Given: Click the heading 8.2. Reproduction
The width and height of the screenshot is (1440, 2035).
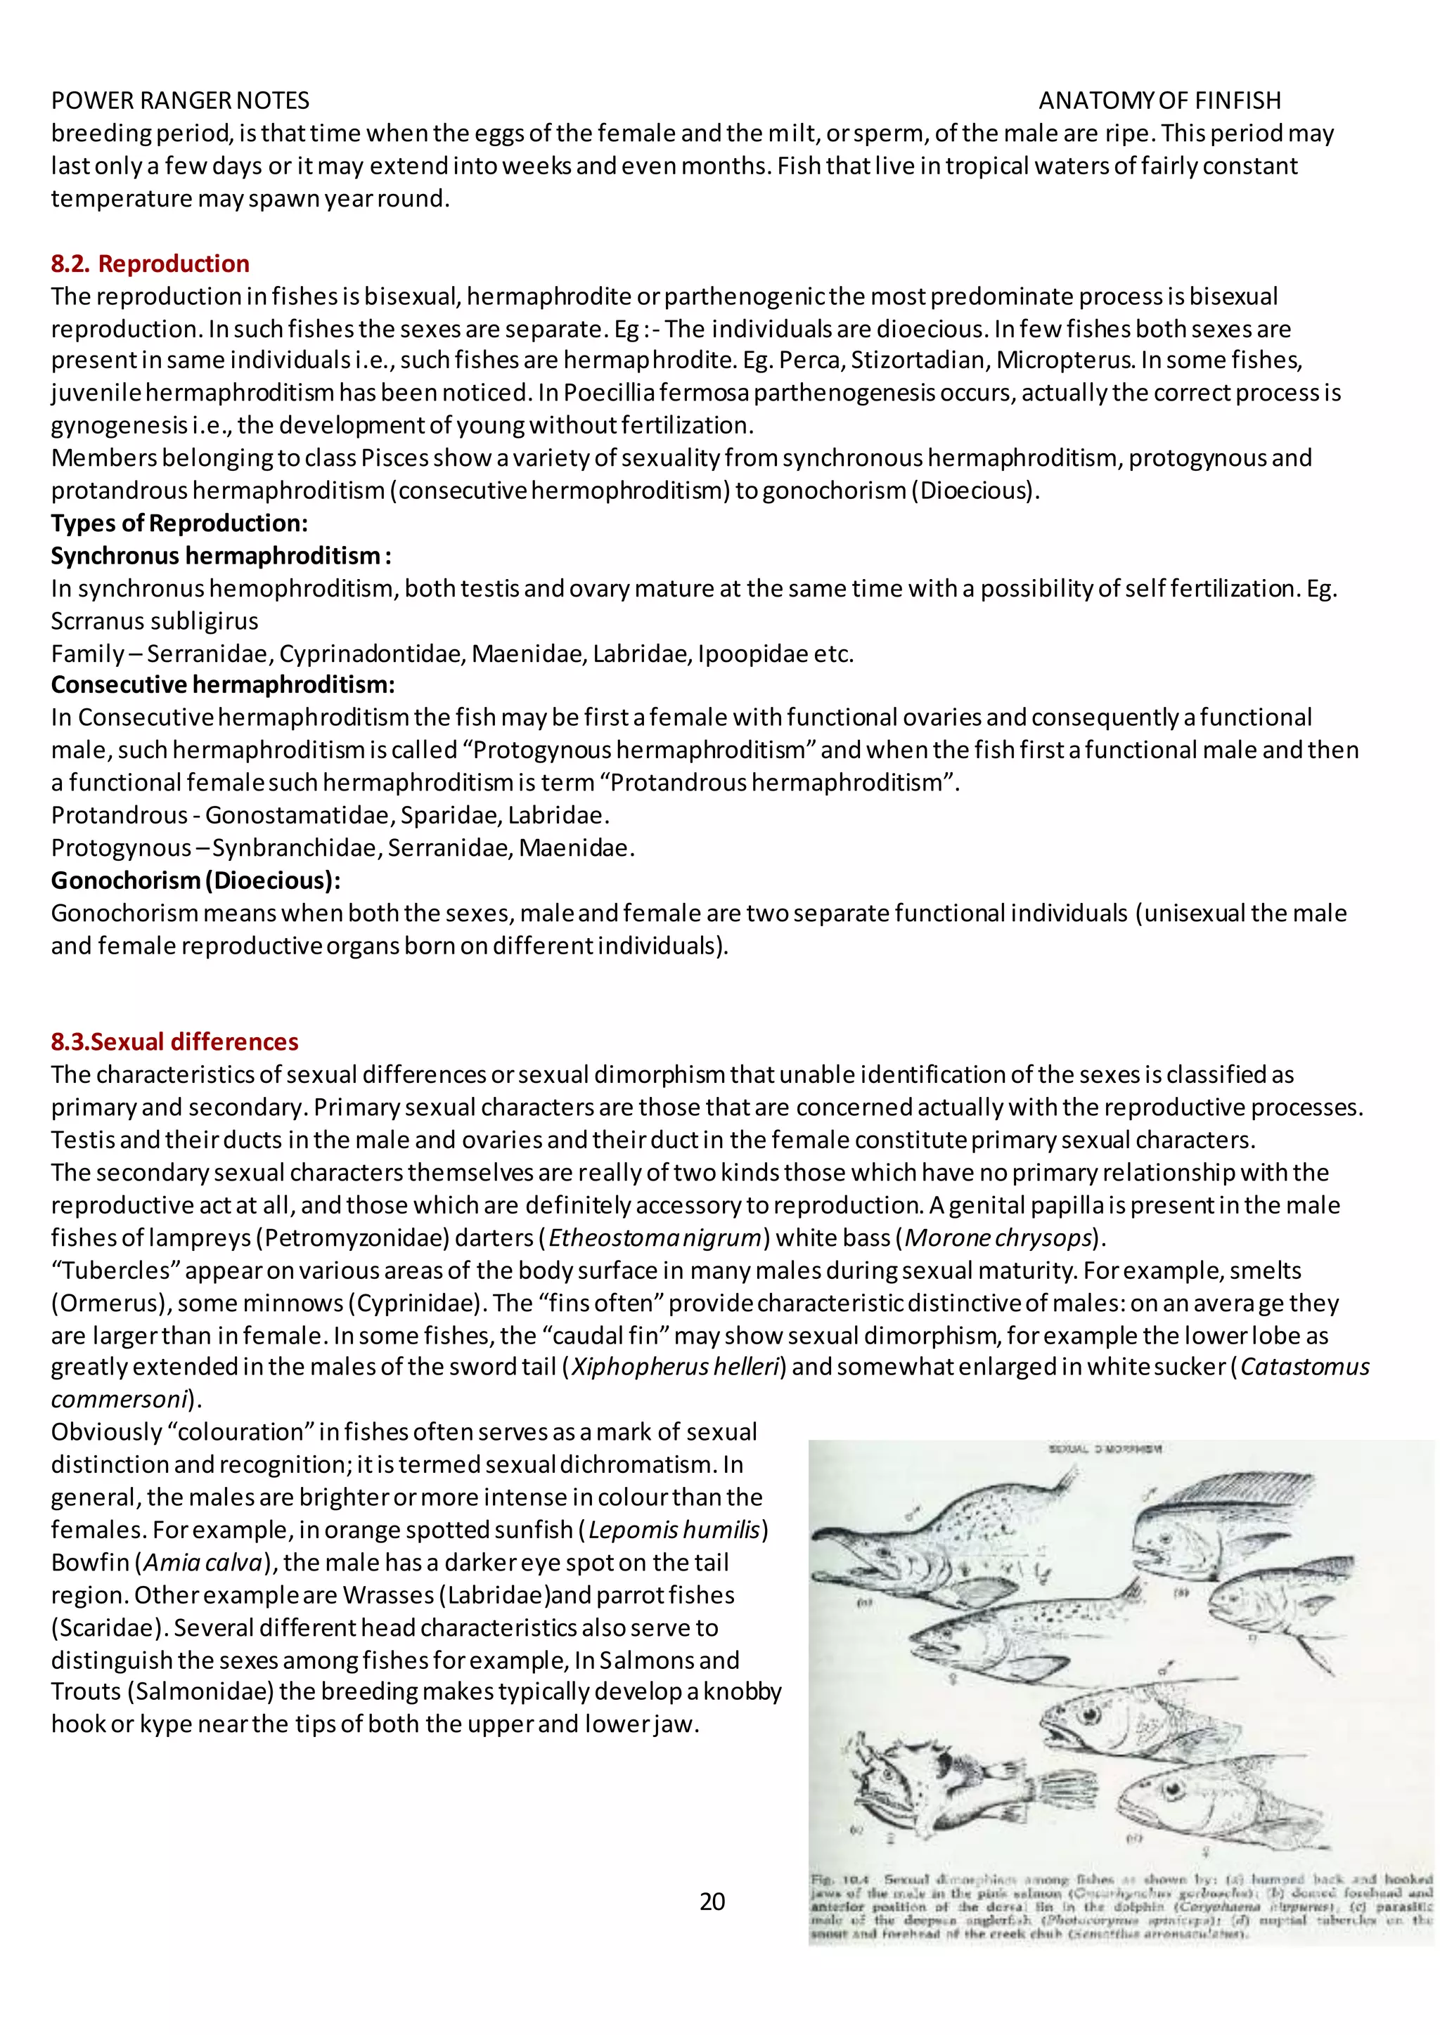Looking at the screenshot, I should tap(150, 264).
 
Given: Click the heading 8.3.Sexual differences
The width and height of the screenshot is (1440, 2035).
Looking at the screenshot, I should tap(174, 1041).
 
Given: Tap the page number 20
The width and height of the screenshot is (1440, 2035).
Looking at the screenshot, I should tap(712, 1901).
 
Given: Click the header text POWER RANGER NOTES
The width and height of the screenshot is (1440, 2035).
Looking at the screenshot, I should tap(180, 100).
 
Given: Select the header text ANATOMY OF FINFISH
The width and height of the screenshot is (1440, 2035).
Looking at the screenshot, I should tap(1159, 100).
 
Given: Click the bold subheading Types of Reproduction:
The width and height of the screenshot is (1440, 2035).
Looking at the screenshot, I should tap(179, 523).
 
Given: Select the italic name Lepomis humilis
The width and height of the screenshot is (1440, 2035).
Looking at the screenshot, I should tap(675, 1530).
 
